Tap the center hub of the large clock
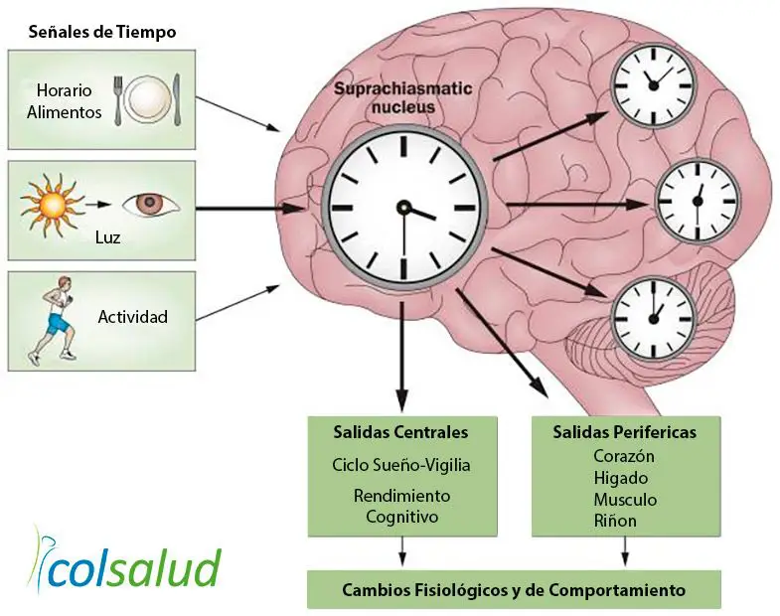pyautogui.click(x=403, y=207)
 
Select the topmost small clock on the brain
pyautogui.click(x=653, y=84)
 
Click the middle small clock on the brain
pyautogui.click(x=699, y=200)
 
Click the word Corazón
pyautogui.click(x=623, y=457)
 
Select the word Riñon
pyautogui.click(x=615, y=520)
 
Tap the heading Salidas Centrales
pyautogui.click(x=401, y=432)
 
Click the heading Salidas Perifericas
pyautogui.click(x=625, y=432)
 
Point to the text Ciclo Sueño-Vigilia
pyautogui.click(x=401, y=464)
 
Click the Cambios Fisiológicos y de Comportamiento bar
pyautogui.click(x=514, y=590)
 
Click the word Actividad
pyautogui.click(x=132, y=318)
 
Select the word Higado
pyautogui.click(x=620, y=478)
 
